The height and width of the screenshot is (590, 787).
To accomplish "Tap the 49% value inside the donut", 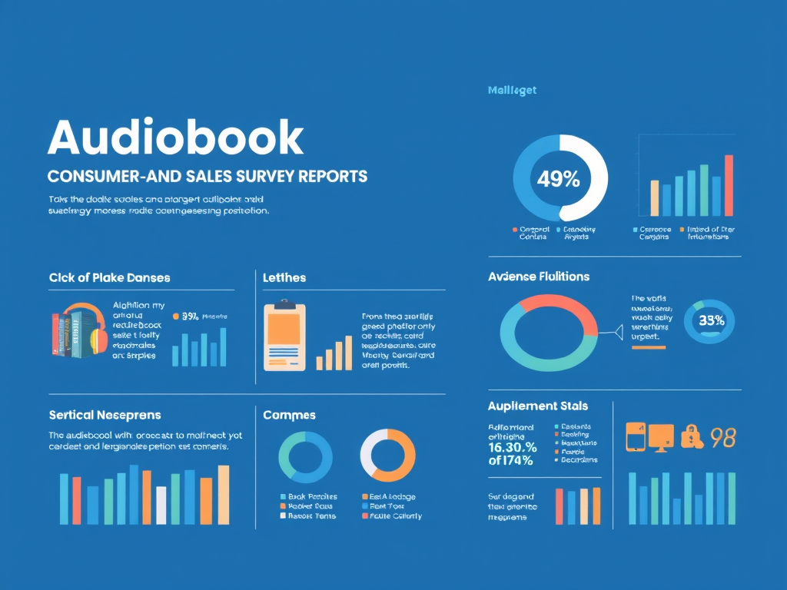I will pyautogui.click(x=559, y=180).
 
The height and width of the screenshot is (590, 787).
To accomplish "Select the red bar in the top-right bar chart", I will pyautogui.click(x=729, y=186).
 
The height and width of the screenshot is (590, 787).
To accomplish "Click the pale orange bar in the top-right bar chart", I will pyautogui.click(x=654, y=198).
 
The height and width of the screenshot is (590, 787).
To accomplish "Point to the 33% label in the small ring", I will pyautogui.click(x=711, y=321).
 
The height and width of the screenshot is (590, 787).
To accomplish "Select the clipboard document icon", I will pyautogui.click(x=284, y=337).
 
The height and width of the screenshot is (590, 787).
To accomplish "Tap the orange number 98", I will pyautogui.click(x=723, y=437).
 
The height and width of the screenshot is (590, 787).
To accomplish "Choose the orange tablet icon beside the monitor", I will pyautogui.click(x=635, y=436).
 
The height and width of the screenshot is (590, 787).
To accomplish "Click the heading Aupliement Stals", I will pyautogui.click(x=537, y=406).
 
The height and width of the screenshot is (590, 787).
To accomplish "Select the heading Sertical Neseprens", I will pyautogui.click(x=105, y=415).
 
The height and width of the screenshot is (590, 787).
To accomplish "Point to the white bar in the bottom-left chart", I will pyautogui.click(x=161, y=505).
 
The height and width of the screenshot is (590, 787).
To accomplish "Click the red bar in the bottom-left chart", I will pyautogui.click(x=76, y=500).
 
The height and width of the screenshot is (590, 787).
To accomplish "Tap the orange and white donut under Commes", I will pyautogui.click(x=387, y=456).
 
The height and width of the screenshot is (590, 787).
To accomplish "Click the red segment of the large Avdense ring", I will pyautogui.click(x=565, y=309).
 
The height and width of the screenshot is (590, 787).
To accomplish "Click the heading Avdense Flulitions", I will pyautogui.click(x=539, y=277).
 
